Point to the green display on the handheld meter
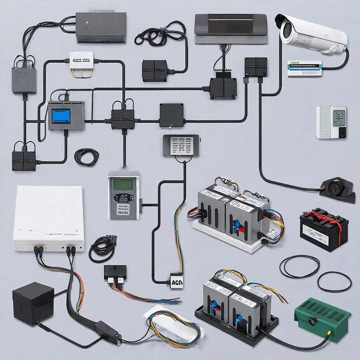123,184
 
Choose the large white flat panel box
49,218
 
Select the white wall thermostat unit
331,122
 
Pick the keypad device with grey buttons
181,144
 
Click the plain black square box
171,115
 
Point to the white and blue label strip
304,69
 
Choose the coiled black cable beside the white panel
102,247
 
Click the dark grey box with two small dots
101,27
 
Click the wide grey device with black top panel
230,28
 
